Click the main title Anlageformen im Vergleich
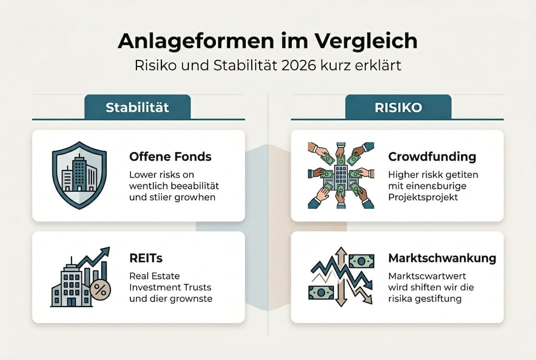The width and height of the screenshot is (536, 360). (268, 41)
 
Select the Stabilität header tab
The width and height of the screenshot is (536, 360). (137, 107)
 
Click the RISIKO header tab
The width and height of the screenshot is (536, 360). (398, 107)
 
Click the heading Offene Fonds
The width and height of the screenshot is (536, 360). (170, 156)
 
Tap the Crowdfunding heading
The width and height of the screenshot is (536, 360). (432, 156)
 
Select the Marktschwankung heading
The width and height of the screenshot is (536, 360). (442, 258)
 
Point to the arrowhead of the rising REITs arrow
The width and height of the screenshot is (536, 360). (105, 251)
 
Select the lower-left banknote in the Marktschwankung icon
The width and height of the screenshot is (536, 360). (320, 292)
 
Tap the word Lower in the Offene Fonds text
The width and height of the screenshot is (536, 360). (143, 175)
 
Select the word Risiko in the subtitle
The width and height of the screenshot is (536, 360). (153, 65)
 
